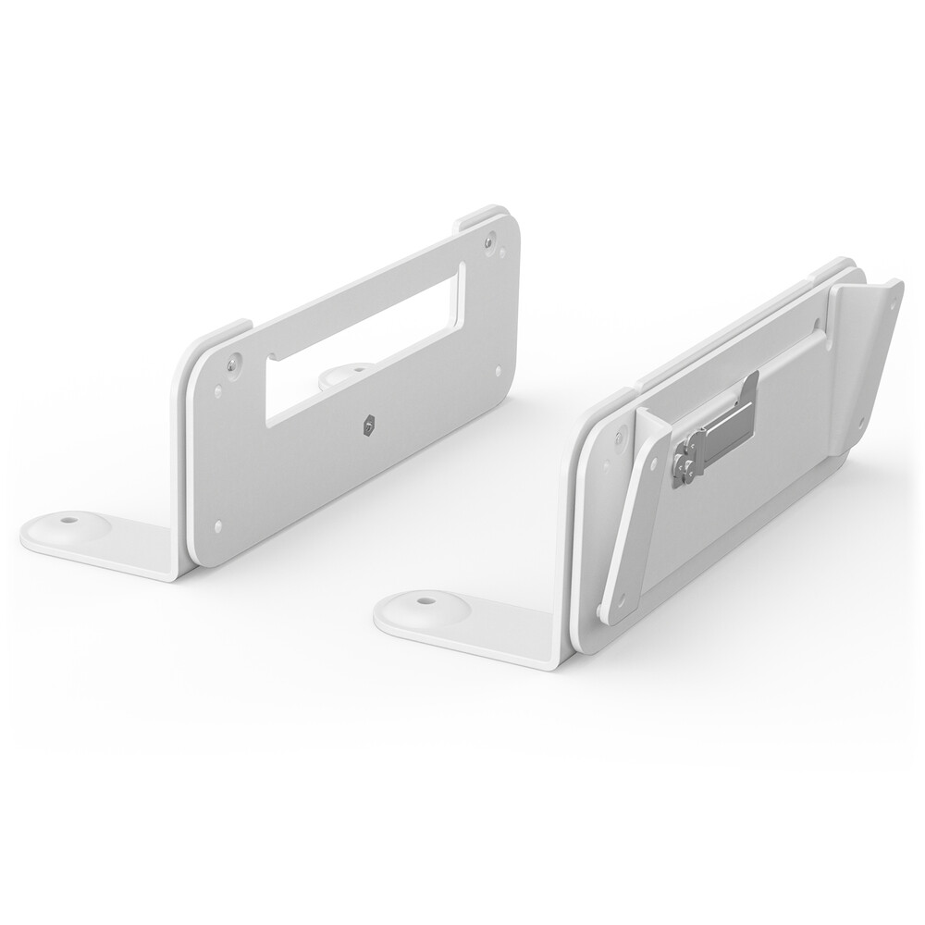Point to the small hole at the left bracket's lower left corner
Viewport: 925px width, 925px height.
pyautogui.click(x=218, y=528)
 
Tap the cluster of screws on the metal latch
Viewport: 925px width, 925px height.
pyautogui.click(x=685, y=460)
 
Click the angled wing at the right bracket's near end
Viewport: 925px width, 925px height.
pyautogui.click(x=638, y=518)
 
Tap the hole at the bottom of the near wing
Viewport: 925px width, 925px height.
pyautogui.click(x=602, y=610)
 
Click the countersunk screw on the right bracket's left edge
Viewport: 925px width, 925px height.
pyautogui.click(x=618, y=431)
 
